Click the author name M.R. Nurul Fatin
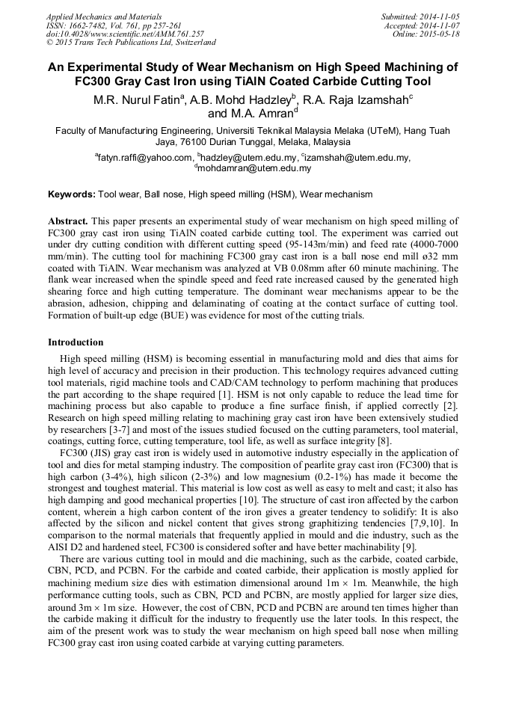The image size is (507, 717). tap(137, 99)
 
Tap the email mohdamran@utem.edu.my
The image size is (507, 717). tap(255, 168)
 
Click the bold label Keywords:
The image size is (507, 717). tap(72, 194)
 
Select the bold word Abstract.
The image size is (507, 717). tap(68, 222)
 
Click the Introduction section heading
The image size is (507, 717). tap(76, 342)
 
